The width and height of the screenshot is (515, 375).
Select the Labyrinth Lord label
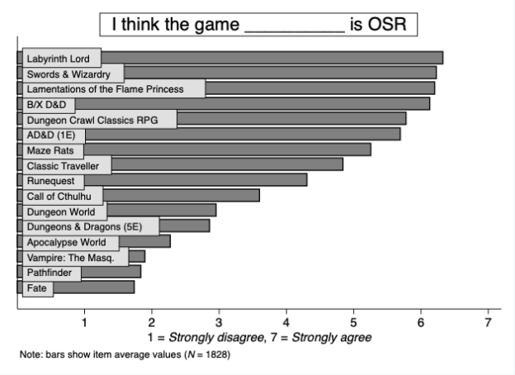click(x=61, y=59)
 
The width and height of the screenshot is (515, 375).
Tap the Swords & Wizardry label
click(x=73, y=74)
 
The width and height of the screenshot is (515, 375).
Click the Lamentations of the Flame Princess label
click(x=113, y=88)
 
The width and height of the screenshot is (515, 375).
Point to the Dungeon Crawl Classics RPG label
click(x=99, y=120)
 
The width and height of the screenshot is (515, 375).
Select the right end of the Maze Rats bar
click(x=370, y=150)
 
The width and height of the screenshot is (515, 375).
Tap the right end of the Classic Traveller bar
click(x=342, y=164)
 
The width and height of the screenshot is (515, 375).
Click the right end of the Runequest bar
click(x=306, y=179)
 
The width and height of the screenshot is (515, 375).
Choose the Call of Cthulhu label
click(x=63, y=196)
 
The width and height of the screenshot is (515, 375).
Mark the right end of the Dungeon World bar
click(x=215, y=211)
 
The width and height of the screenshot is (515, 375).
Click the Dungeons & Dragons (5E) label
click(x=91, y=226)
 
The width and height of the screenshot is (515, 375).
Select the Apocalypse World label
click(x=69, y=242)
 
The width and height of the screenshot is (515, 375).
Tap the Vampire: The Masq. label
click(x=75, y=257)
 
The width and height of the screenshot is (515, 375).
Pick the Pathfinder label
click(x=51, y=272)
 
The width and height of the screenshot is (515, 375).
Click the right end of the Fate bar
click(x=134, y=287)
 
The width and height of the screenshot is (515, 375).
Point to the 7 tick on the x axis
click(x=488, y=321)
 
